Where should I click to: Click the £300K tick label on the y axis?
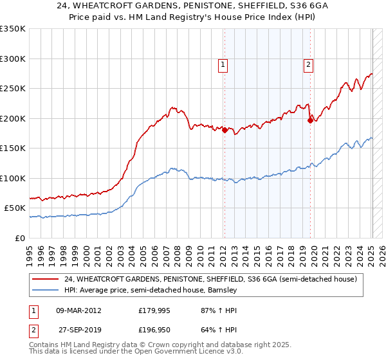coord(13,59)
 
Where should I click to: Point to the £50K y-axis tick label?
coord(15,208)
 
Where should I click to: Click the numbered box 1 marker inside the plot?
coord(223,64)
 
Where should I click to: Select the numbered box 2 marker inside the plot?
coord(308,64)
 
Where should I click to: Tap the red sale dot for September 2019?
coord(310,120)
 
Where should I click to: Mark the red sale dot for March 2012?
coord(225,130)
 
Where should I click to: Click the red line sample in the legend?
coord(46,279)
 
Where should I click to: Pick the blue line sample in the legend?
coord(46,290)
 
